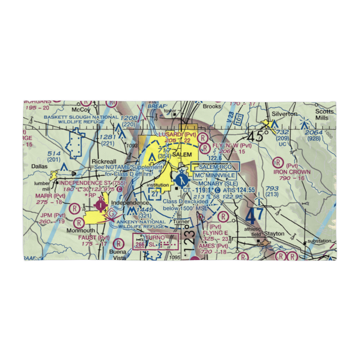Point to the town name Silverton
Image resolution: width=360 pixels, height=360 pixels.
click(x=285, y=114)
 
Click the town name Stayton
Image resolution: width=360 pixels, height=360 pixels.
click(x=274, y=233)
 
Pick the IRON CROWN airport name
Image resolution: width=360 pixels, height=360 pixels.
click(x=292, y=172)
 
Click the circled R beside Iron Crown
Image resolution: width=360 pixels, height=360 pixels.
click(x=278, y=162)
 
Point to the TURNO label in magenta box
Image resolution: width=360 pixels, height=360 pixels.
click(x=155, y=238)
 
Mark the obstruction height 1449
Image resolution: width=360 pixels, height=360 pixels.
click(x=146, y=210)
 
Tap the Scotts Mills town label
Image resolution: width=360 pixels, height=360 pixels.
click(x=325, y=115)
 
